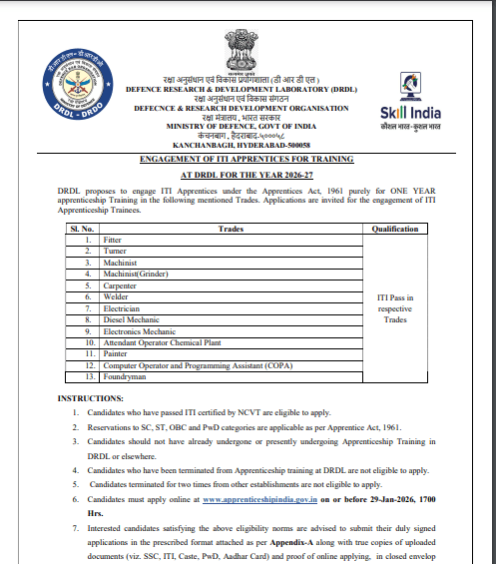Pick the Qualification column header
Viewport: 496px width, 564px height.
394,229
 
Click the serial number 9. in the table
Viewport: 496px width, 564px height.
89,330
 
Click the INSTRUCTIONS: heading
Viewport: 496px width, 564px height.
91,398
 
